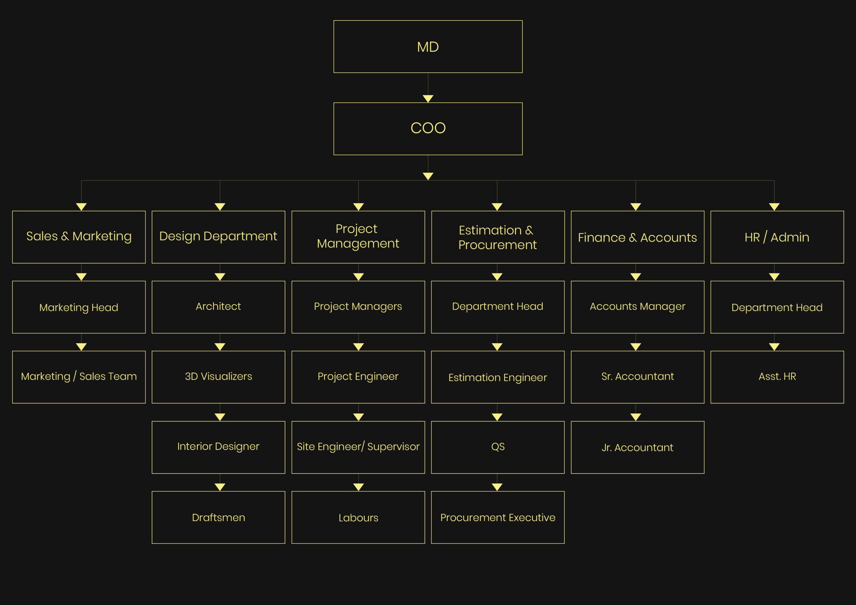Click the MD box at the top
[428, 46]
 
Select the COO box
[428, 129]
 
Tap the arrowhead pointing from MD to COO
[428, 98]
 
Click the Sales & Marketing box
[79, 237]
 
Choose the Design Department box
[218, 237]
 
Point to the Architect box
[218, 307]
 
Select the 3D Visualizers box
[218, 377]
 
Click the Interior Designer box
[218, 447]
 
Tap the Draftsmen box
[218, 517]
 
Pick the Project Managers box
[358, 307]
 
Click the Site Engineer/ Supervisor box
[358, 447]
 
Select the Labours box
[358, 517]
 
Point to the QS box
[498, 447]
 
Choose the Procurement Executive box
[498, 517]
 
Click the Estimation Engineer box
[498, 377]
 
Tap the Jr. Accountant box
[638, 447]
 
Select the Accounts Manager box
[638, 307]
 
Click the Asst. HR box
[777, 377]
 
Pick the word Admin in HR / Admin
[790, 237]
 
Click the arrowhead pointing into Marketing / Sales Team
[81, 347]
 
